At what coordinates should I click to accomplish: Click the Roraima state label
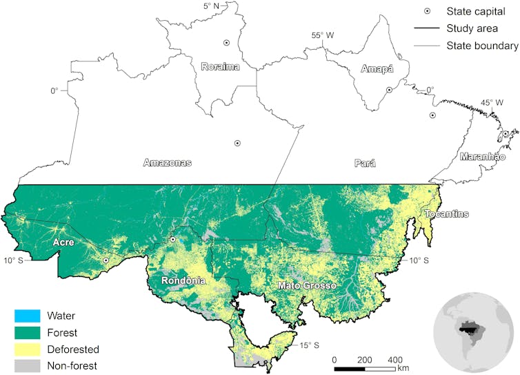[220, 66]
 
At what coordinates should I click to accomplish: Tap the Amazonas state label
[167, 163]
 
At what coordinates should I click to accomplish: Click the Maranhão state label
[483, 157]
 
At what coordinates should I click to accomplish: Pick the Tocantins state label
[446, 213]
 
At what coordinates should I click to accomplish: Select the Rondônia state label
[183, 281]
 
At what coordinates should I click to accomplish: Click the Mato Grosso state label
[306, 285]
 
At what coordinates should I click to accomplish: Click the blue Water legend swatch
[27, 316]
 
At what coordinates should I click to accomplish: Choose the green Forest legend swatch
[27, 333]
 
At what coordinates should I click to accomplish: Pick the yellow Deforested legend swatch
[27, 349]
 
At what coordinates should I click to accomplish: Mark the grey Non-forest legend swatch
[27, 365]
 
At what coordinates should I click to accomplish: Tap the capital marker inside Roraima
[226, 43]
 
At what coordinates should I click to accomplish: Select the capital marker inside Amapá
[389, 90]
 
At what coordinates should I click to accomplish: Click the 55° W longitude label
[322, 35]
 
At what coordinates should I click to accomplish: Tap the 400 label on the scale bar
[394, 360]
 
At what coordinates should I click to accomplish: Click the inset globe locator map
[474, 331]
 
